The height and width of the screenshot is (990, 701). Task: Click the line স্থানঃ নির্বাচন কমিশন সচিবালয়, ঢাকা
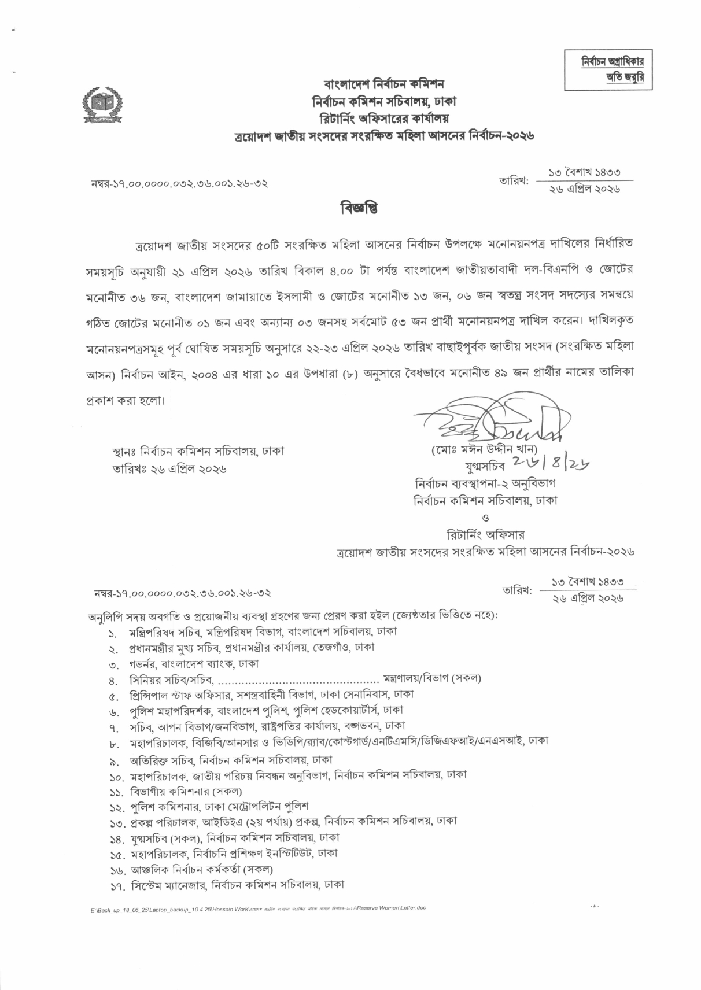[198, 451]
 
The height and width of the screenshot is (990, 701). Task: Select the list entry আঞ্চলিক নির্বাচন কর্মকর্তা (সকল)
[202, 869]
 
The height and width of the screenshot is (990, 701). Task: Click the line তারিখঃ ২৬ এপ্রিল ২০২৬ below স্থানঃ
[169, 468]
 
